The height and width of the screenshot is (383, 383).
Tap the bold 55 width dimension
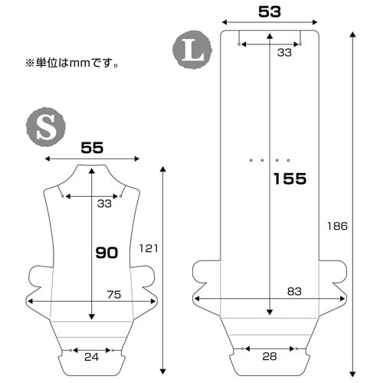click(x=92, y=148)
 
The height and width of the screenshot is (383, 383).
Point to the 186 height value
click(x=337, y=226)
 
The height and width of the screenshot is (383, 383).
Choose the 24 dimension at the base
click(x=93, y=357)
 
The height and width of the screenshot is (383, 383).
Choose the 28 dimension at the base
click(x=270, y=357)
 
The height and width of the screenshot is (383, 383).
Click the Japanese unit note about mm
click(x=71, y=62)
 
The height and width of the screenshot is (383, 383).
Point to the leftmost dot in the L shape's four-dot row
click(x=250, y=160)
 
